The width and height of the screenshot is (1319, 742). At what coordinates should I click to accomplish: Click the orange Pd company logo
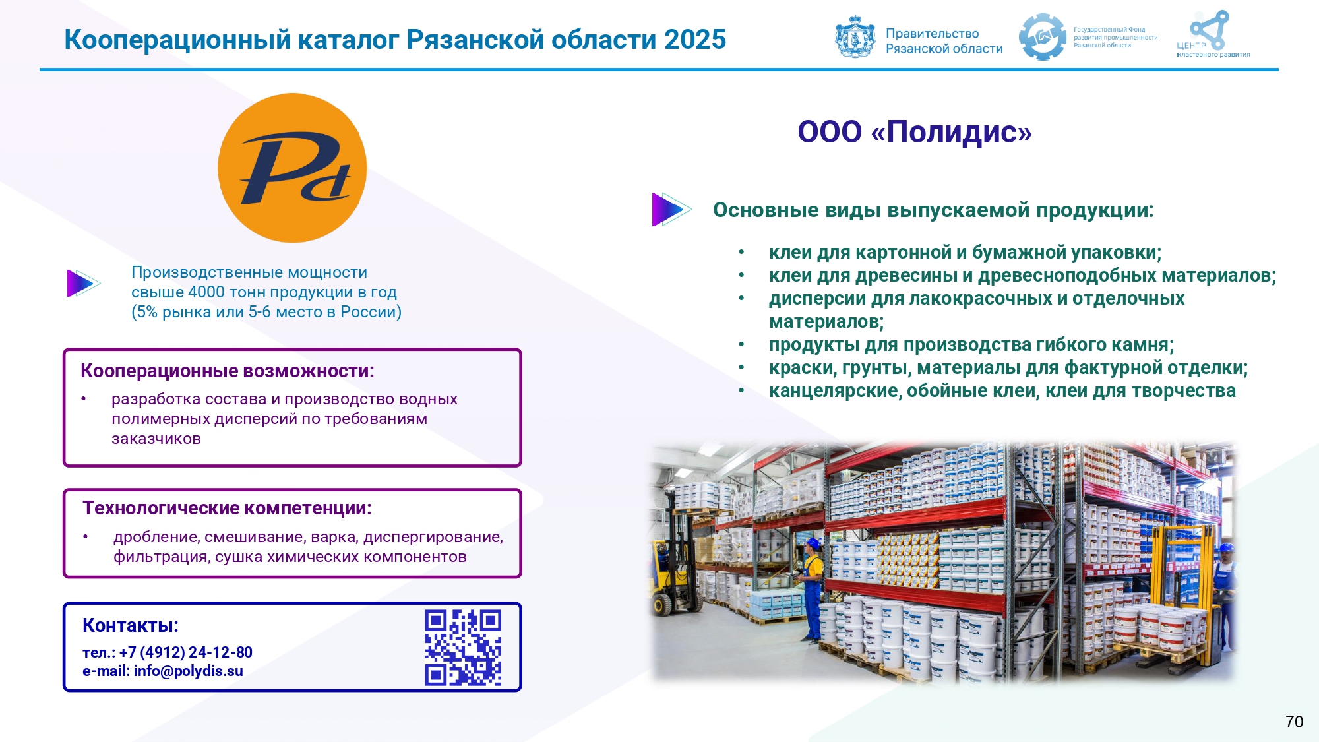pos(292,168)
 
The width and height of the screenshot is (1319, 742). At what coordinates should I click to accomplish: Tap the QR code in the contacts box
pos(463,648)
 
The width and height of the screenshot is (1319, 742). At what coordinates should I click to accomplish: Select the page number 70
pos(1294,722)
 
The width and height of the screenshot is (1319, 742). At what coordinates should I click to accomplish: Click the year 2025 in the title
pos(695,40)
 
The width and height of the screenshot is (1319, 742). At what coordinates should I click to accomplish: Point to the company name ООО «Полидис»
pos(915,132)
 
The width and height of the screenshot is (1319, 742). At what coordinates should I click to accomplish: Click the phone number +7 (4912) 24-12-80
pos(186,652)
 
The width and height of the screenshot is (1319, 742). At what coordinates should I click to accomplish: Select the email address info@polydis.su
pos(189,671)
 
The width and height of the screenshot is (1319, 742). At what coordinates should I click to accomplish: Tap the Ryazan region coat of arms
pos(855,37)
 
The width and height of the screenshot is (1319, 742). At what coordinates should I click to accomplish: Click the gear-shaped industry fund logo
pos(1042,37)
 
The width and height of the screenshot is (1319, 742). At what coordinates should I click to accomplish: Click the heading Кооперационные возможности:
pos(228,371)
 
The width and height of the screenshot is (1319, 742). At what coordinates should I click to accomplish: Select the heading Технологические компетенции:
pos(227,509)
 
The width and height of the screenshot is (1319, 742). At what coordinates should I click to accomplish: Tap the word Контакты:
pos(131,625)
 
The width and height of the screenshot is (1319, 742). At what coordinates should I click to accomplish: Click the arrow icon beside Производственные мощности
pos(82,284)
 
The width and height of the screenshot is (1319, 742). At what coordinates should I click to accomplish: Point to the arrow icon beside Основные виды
pos(671,209)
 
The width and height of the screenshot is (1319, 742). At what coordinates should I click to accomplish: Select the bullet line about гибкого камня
pos(971,345)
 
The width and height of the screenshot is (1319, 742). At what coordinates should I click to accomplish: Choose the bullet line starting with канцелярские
pos(1002,391)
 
